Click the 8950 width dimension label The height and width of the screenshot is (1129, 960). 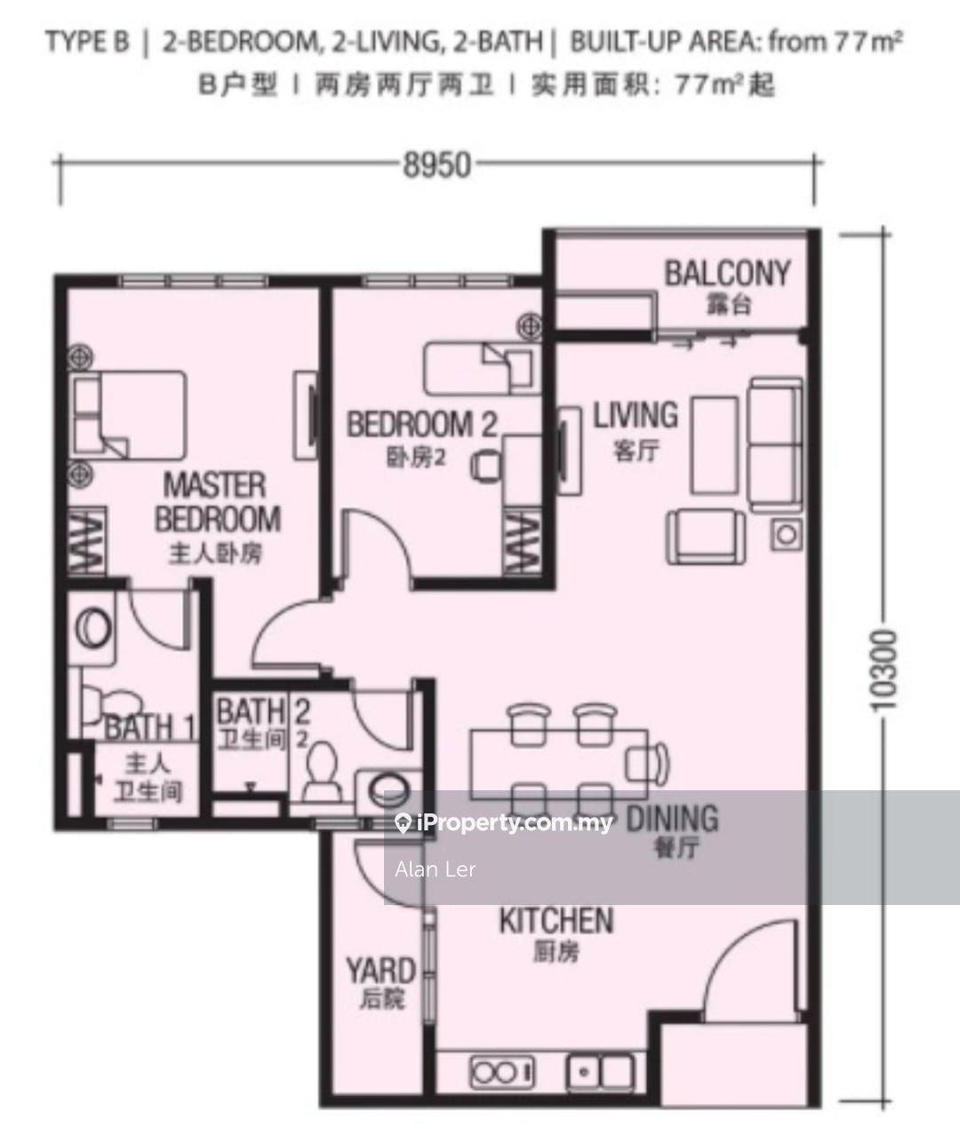[436, 165]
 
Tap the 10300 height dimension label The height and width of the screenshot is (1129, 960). [883, 670]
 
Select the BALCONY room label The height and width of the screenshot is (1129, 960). [727, 274]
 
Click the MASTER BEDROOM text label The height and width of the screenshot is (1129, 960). [218, 502]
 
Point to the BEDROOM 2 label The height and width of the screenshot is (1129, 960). [422, 424]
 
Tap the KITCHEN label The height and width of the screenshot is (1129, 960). [556, 920]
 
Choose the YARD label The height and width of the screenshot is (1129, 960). [381, 971]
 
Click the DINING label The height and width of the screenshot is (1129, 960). [672, 819]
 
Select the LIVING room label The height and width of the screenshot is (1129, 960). [636, 415]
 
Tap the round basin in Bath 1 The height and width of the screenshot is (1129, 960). [92, 629]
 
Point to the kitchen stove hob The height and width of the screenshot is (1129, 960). [502, 1072]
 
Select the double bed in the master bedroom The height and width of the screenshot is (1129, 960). [128, 414]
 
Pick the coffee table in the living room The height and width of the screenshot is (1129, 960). [715, 445]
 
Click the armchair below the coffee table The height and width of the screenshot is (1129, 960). [706, 536]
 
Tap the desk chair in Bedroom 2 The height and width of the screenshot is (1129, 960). [486, 466]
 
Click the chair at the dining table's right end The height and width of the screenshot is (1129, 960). [648, 763]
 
